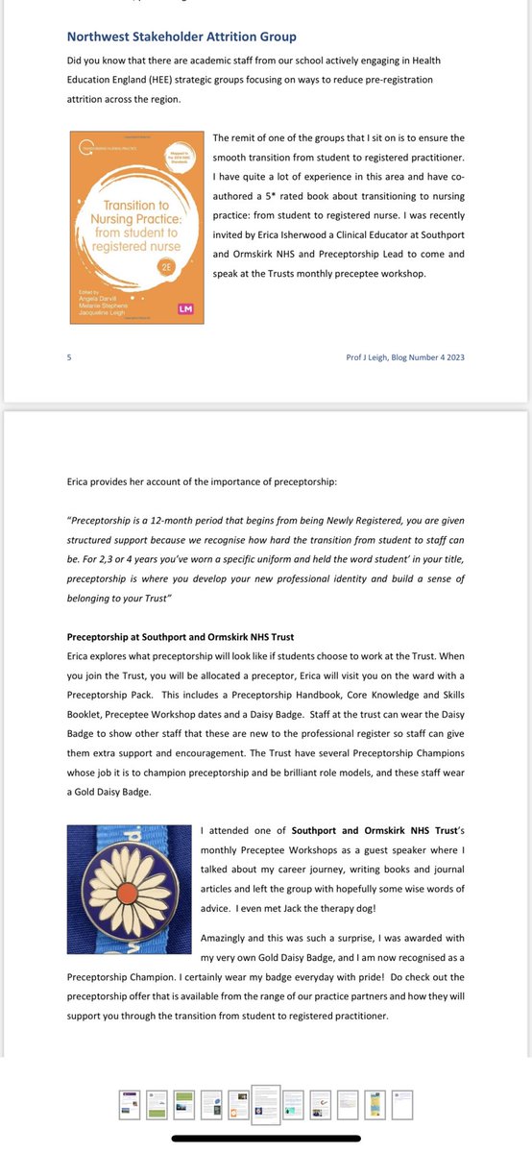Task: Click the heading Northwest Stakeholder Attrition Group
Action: click(181, 37)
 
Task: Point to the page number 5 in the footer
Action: click(69, 357)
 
